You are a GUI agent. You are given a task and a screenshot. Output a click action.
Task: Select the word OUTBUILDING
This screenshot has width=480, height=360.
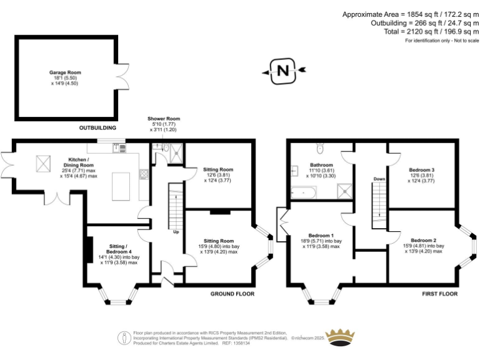(98, 127)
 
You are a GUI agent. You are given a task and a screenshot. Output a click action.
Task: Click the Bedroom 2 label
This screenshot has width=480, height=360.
(423, 244)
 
